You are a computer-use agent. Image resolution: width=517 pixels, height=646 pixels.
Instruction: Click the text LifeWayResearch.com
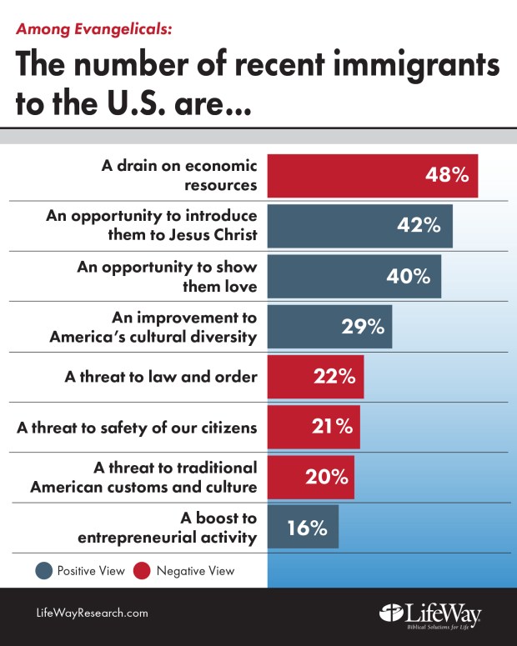(x=92, y=613)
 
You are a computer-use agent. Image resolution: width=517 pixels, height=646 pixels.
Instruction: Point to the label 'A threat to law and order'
(x=161, y=377)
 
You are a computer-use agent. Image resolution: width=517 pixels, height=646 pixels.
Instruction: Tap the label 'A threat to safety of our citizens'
(x=137, y=428)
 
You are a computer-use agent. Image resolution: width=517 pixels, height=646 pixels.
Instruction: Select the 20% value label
(x=326, y=477)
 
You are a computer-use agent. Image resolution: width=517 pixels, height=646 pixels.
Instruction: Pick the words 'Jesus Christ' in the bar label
(x=213, y=234)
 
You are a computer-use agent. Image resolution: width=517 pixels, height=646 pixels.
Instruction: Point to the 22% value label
(x=334, y=377)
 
